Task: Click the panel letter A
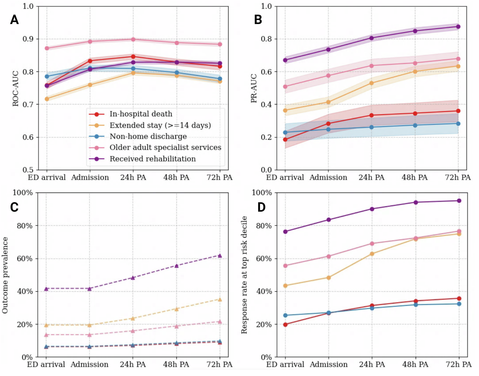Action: tap(14, 20)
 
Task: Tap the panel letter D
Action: tap(261, 207)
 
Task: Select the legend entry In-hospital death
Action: tap(141, 114)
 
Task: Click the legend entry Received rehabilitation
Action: tap(152, 159)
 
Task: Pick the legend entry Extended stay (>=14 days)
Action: tap(160, 125)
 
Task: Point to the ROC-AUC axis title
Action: tap(16, 88)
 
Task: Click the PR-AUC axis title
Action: tap(254, 88)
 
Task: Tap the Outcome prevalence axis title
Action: tap(5, 275)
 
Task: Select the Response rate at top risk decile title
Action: tap(244, 275)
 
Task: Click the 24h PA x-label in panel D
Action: tap(372, 364)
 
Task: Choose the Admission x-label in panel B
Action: tap(328, 178)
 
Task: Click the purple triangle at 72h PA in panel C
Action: tap(220, 256)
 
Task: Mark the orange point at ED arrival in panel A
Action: tap(47, 99)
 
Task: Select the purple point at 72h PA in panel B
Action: tap(458, 27)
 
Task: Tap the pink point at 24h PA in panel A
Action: tap(133, 39)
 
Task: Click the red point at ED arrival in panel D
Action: tap(285, 324)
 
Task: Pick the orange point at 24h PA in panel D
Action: tap(372, 254)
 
